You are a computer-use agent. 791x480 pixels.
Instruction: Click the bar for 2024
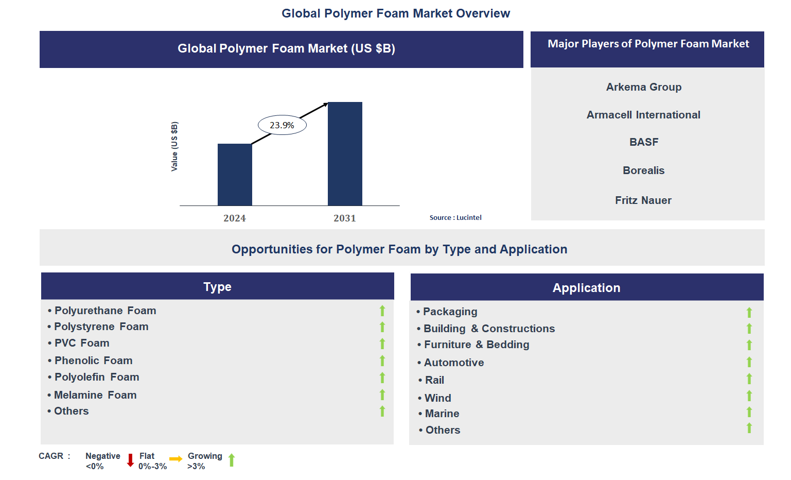[235, 175]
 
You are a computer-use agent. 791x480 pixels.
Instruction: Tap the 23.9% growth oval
[282, 125]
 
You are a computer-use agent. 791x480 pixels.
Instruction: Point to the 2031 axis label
[344, 218]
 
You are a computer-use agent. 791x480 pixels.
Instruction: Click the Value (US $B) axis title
[174, 147]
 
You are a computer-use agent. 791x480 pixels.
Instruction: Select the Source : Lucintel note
[455, 218]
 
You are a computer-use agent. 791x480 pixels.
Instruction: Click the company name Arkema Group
[643, 87]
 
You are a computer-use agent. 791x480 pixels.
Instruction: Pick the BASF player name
[643, 142]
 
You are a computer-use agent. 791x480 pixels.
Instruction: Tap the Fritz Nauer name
[643, 200]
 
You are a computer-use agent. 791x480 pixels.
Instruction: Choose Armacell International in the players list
[643, 115]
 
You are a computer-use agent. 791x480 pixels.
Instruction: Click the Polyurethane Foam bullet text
[105, 311]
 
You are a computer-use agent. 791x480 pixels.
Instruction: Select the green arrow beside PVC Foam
[382, 344]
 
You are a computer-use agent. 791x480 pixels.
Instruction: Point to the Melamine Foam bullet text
[95, 395]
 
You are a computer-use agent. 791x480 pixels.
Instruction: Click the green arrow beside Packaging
[749, 312]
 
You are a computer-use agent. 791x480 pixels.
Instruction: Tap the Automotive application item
[453, 363]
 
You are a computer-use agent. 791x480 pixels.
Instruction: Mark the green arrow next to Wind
[749, 396]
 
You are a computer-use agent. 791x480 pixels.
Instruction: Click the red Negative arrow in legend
[130, 460]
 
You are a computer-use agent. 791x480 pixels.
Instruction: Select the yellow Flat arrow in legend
[175, 459]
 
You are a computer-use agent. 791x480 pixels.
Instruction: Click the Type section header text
[217, 287]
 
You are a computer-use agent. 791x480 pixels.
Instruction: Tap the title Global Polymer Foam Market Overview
[395, 13]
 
